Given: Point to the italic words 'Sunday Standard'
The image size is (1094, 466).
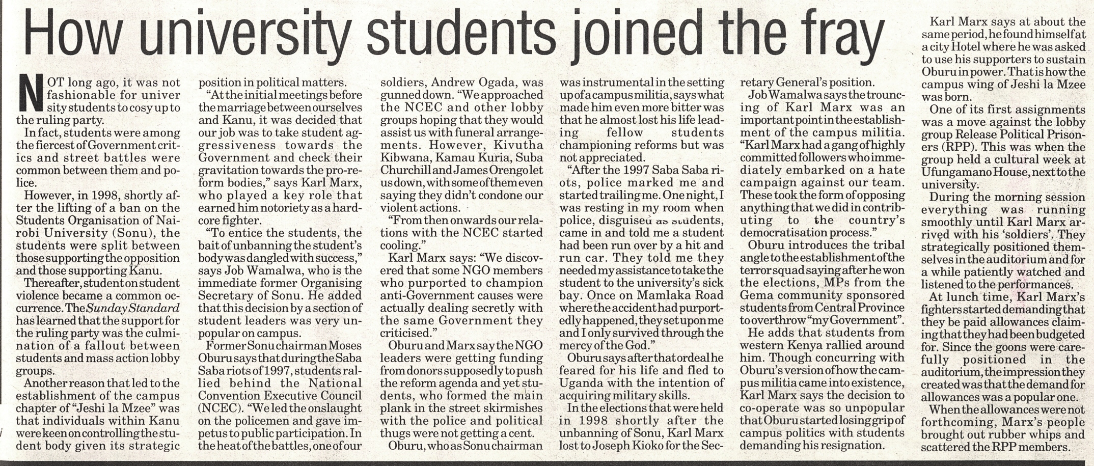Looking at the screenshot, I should tap(133, 308).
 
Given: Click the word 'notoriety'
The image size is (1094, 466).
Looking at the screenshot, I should tap(289, 208).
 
